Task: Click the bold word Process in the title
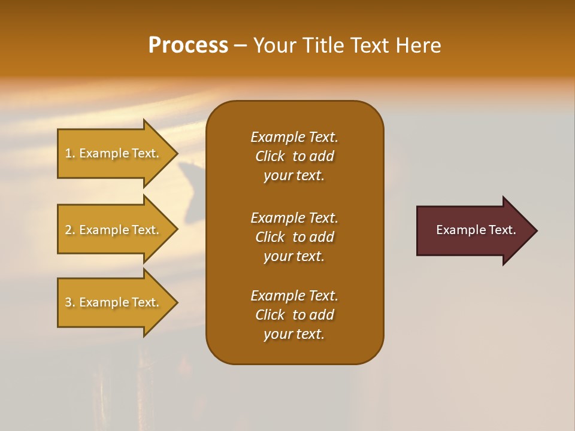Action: pos(188,45)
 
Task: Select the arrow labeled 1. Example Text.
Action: pos(114,153)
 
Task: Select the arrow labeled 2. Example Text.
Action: pos(114,230)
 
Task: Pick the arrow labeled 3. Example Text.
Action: pos(114,302)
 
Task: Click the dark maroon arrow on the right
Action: pos(473,230)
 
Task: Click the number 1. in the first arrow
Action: pos(69,154)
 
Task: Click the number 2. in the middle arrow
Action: pos(69,230)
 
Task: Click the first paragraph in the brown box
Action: pos(294,156)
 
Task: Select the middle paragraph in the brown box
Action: pos(294,237)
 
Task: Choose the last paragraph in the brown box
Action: pos(294,315)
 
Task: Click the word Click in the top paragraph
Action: pos(270,156)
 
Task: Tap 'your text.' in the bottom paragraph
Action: pos(294,335)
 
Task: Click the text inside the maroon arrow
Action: pos(476,230)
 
